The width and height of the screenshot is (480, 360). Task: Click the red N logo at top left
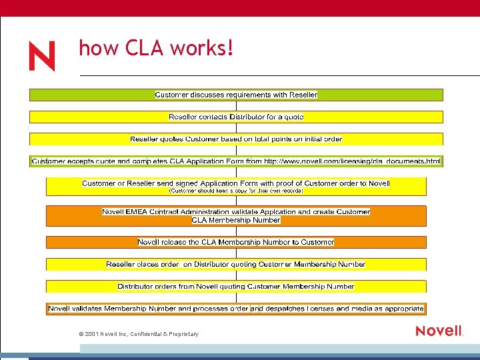point(41,57)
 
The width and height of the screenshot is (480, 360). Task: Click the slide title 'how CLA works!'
point(156,48)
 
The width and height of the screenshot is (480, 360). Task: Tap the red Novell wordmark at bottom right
point(439,331)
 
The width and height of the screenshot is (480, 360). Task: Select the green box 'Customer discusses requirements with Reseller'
point(236,95)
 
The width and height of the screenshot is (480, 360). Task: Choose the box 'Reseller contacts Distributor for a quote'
point(236,117)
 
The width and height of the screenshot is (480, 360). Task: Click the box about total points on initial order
point(236,139)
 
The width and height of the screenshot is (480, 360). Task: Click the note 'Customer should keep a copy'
point(236,191)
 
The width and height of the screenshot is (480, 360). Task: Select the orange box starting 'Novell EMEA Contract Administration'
point(236,212)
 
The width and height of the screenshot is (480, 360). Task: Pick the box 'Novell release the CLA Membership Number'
point(236,242)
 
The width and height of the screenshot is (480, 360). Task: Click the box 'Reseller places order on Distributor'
point(236,265)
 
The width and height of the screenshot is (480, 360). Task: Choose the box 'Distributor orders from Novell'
point(236,287)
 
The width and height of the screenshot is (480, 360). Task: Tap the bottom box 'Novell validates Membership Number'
point(236,309)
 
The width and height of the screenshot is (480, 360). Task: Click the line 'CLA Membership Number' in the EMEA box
point(236,220)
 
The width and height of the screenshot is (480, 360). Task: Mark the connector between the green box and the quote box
point(236,106)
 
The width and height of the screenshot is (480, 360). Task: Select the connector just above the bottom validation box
point(236,297)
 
